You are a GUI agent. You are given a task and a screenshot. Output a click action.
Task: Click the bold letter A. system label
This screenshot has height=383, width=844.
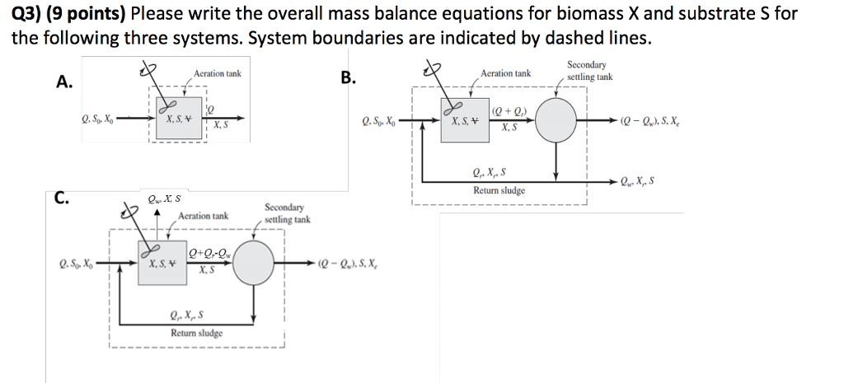pyautogui.click(x=64, y=81)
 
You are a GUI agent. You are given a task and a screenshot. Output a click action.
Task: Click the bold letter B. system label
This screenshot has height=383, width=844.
pyautogui.click(x=349, y=78)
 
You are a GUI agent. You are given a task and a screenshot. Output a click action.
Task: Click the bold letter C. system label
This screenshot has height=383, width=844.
pyautogui.click(x=62, y=197)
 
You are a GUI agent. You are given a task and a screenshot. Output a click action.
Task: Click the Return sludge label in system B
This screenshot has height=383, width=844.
pyautogui.click(x=499, y=190)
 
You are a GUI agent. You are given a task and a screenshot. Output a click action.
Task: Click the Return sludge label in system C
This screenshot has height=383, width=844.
pyautogui.click(x=196, y=334)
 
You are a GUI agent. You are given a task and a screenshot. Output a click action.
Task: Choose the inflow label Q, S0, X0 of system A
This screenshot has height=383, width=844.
pyautogui.click(x=97, y=119)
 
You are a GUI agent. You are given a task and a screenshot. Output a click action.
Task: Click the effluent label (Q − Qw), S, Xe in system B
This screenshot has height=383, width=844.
pyautogui.click(x=671, y=120)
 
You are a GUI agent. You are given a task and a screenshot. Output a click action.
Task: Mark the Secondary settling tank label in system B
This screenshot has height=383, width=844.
pyautogui.click(x=587, y=71)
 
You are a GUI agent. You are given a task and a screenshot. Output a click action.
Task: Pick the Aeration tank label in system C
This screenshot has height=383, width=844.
pyautogui.click(x=204, y=216)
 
